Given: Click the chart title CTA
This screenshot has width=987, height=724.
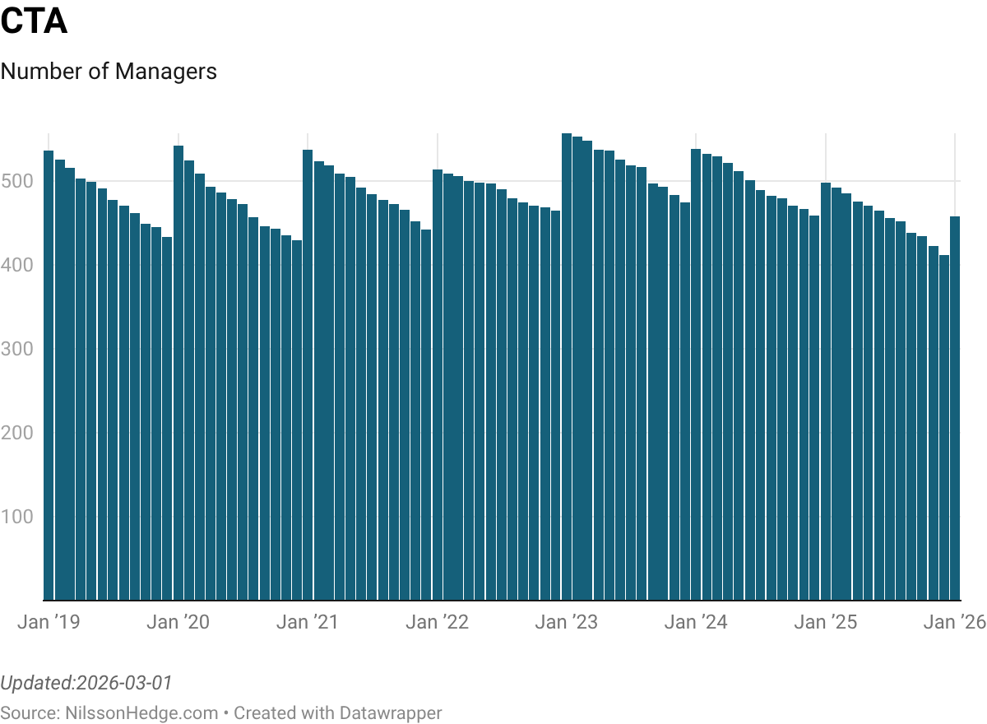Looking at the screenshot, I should coord(34,22).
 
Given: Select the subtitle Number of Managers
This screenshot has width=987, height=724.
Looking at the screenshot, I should coord(109,72).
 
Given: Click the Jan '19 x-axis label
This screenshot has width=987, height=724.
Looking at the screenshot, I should coord(49,622).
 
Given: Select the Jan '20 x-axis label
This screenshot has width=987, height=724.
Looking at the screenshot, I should coord(178,622).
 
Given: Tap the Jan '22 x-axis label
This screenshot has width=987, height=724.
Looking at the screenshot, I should coord(437,622).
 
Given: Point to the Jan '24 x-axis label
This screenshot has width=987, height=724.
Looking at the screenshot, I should coord(696,622).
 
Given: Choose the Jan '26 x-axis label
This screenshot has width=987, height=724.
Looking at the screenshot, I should coord(954,622).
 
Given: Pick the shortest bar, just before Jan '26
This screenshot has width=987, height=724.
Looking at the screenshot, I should coord(944,428).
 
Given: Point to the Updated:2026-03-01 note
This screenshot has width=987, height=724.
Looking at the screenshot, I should coord(86,683).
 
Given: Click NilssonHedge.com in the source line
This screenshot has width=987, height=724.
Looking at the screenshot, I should coord(141,712).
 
